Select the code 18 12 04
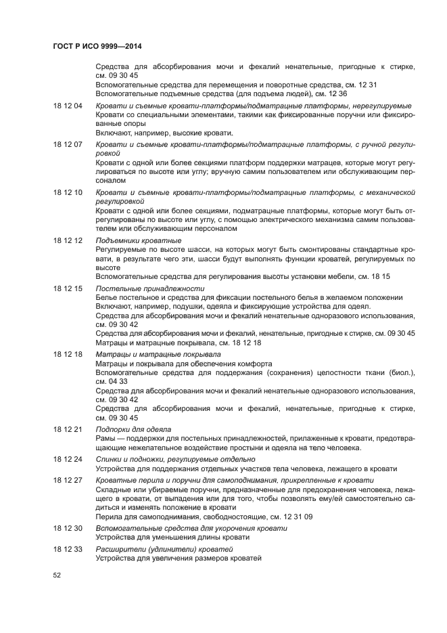tap(68, 106)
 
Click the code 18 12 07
tap(68, 145)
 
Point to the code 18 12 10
tap(68, 192)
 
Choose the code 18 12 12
tap(68, 240)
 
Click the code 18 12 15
tap(68, 288)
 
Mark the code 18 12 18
tap(68, 353)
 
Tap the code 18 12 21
tap(68, 429)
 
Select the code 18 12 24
tap(68, 459)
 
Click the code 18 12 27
tap(68, 479)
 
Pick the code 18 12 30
tap(68, 527)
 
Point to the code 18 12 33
tap(68, 548)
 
